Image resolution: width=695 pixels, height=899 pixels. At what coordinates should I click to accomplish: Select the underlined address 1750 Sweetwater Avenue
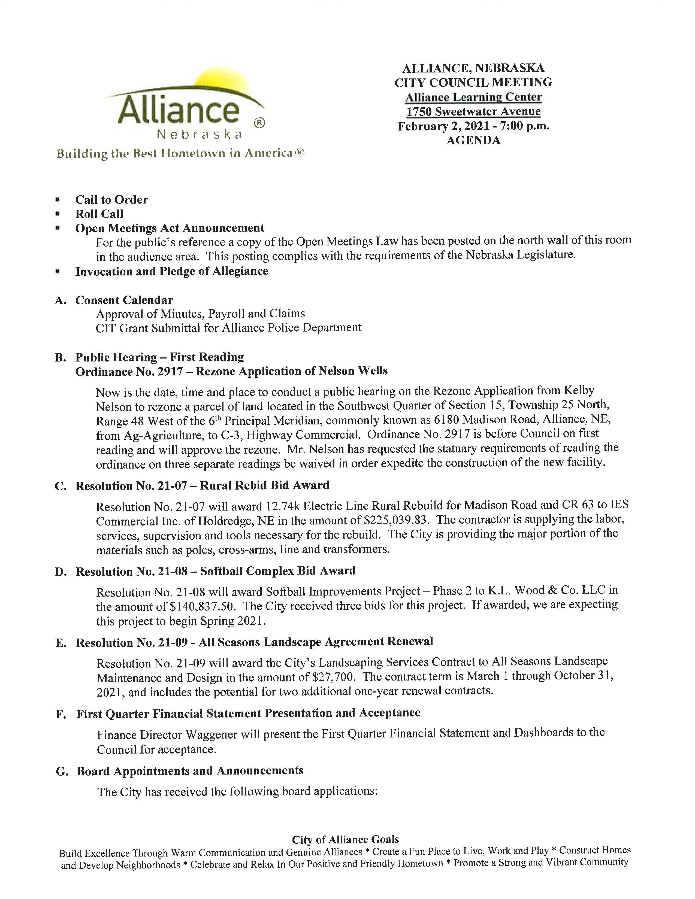click(x=473, y=111)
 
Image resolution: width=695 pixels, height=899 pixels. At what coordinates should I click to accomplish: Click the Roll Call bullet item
click(x=99, y=214)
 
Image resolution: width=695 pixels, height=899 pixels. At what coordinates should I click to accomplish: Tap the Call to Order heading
click(x=111, y=200)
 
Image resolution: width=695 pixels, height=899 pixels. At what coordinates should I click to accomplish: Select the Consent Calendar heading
click(x=124, y=300)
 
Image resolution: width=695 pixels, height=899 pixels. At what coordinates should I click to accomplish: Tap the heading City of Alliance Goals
click(x=345, y=840)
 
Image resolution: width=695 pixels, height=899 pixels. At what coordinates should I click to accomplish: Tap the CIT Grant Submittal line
click(x=228, y=328)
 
